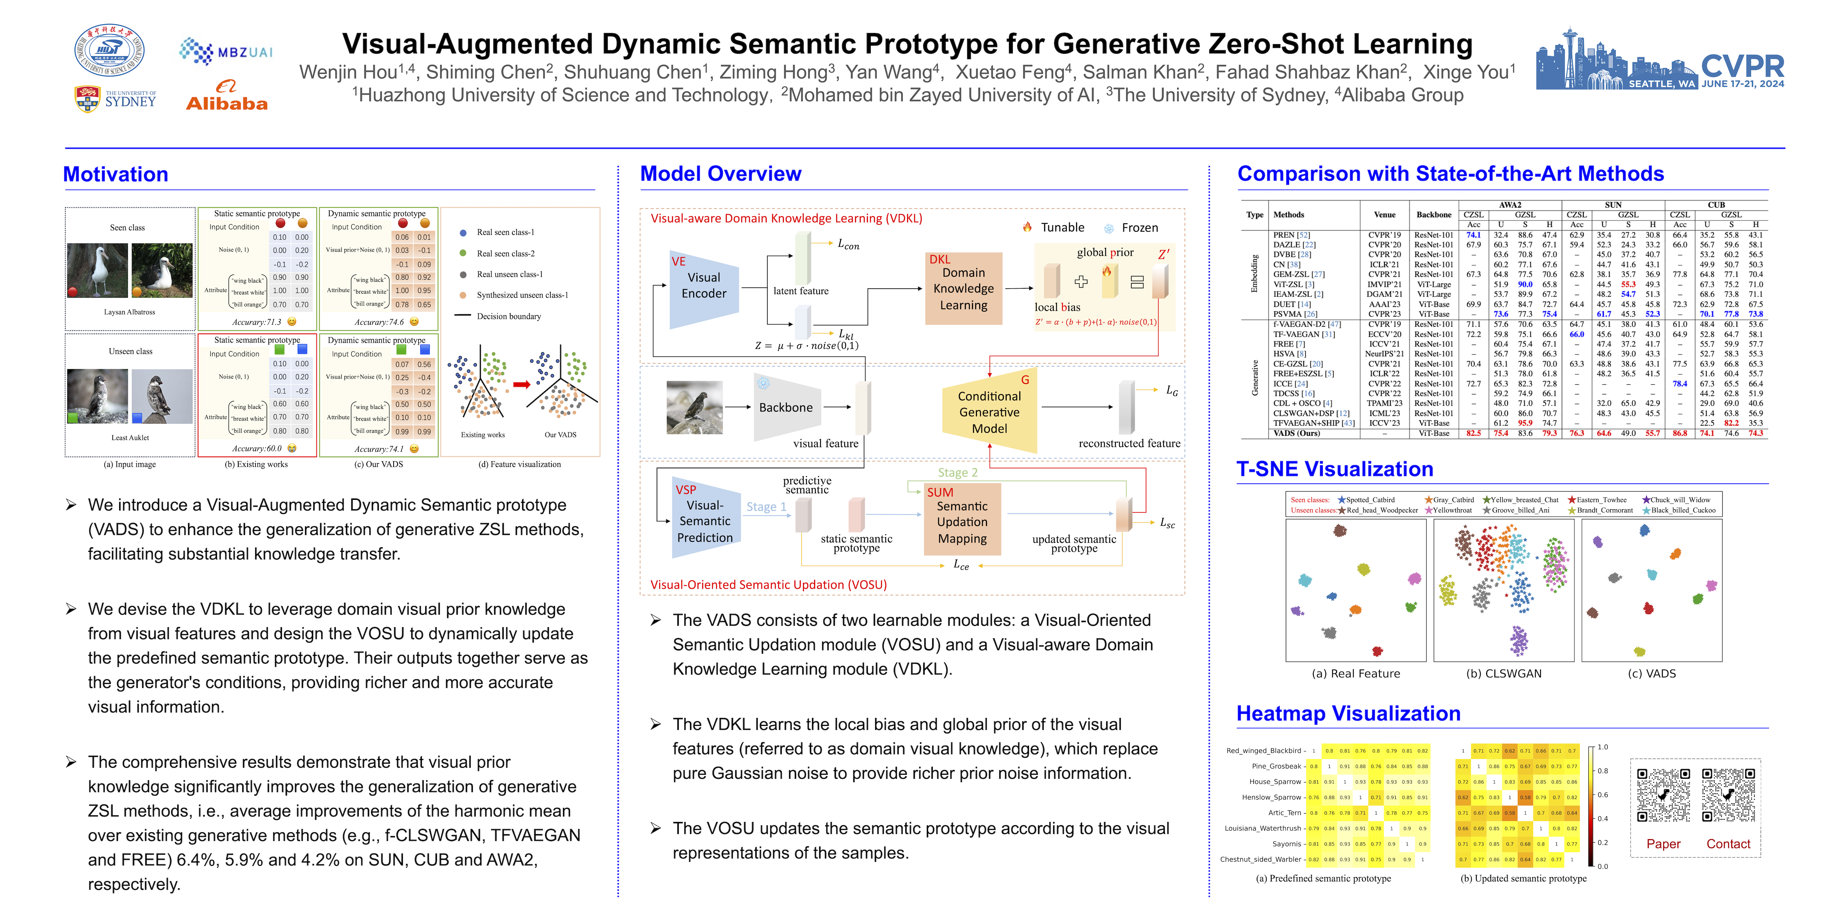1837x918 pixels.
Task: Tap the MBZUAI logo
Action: (x=225, y=51)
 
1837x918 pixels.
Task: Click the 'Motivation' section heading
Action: (x=116, y=175)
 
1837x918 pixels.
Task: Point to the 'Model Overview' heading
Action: (x=720, y=174)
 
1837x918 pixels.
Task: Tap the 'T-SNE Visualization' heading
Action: (x=1334, y=469)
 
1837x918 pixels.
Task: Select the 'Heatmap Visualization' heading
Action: (x=1348, y=714)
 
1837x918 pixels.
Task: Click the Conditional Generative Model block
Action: (x=989, y=412)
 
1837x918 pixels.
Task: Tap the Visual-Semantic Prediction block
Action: (x=705, y=521)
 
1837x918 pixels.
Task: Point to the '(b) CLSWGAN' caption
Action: (x=1503, y=673)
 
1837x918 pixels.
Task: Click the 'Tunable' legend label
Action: (x=1062, y=227)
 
